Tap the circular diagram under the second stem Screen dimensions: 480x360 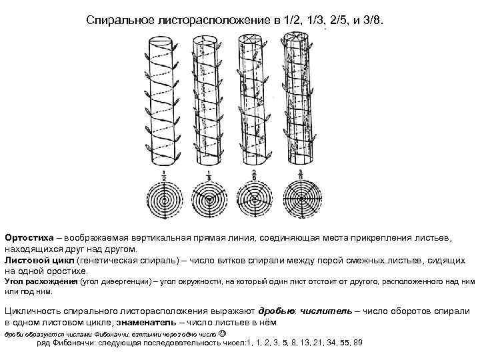point(207,199)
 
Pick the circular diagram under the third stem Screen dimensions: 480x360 point(253,199)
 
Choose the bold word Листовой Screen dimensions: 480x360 point(25,259)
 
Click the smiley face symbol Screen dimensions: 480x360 point(222,332)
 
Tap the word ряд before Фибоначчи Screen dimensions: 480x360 point(45,343)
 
